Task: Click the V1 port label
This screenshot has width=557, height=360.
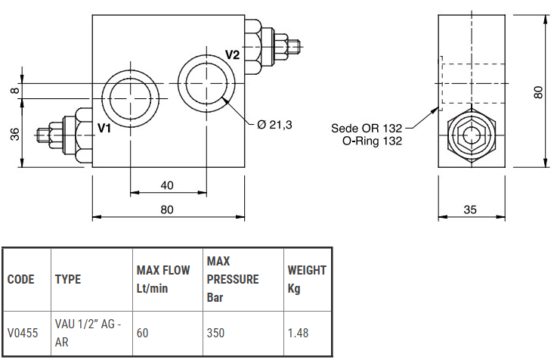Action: click(104, 129)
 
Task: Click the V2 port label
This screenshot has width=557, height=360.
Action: click(232, 54)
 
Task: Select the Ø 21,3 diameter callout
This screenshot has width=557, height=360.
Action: click(274, 125)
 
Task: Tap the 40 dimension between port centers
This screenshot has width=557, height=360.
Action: click(167, 185)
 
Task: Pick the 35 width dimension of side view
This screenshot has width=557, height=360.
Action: click(471, 209)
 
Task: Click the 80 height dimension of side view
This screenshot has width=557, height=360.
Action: click(538, 92)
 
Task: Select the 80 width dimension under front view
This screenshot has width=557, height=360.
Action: click(167, 209)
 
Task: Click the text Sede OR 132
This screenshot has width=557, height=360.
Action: click(367, 128)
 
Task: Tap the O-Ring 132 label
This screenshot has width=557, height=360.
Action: click(372, 140)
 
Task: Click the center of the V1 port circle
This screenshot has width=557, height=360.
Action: click(131, 96)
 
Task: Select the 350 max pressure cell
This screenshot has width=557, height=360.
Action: click(215, 332)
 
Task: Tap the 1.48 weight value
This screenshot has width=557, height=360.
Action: click(299, 332)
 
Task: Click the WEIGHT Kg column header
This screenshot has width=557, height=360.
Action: click(307, 278)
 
